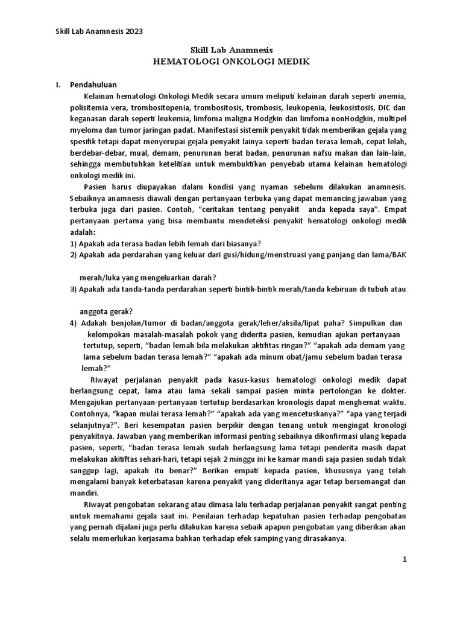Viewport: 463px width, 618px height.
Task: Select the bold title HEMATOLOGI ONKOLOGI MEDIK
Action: point(232,62)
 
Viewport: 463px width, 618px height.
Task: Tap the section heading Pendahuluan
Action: point(93,84)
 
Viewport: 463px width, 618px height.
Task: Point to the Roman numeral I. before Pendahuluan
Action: point(58,84)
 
